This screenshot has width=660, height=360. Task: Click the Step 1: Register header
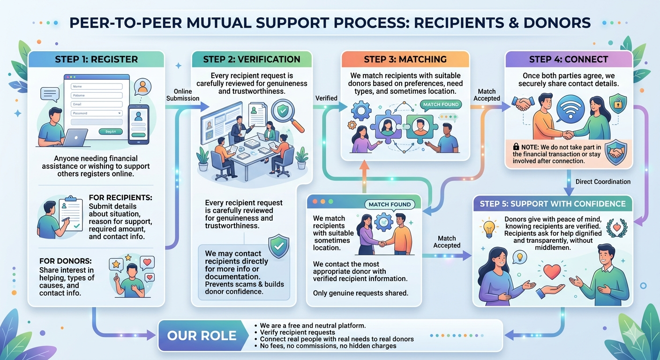tap(96, 59)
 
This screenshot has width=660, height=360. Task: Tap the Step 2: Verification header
tap(251, 59)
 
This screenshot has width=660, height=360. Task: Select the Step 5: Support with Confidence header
tap(553, 203)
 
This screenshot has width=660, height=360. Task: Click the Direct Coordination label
tap(603, 181)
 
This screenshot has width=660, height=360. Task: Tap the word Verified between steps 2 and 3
tap(326, 98)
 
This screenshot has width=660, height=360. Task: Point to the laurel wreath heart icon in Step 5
tap(616, 227)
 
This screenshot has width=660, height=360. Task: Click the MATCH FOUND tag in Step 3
tap(441, 104)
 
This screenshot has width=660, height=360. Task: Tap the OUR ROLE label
tap(202, 336)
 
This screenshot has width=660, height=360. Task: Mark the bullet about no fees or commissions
tap(328, 346)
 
